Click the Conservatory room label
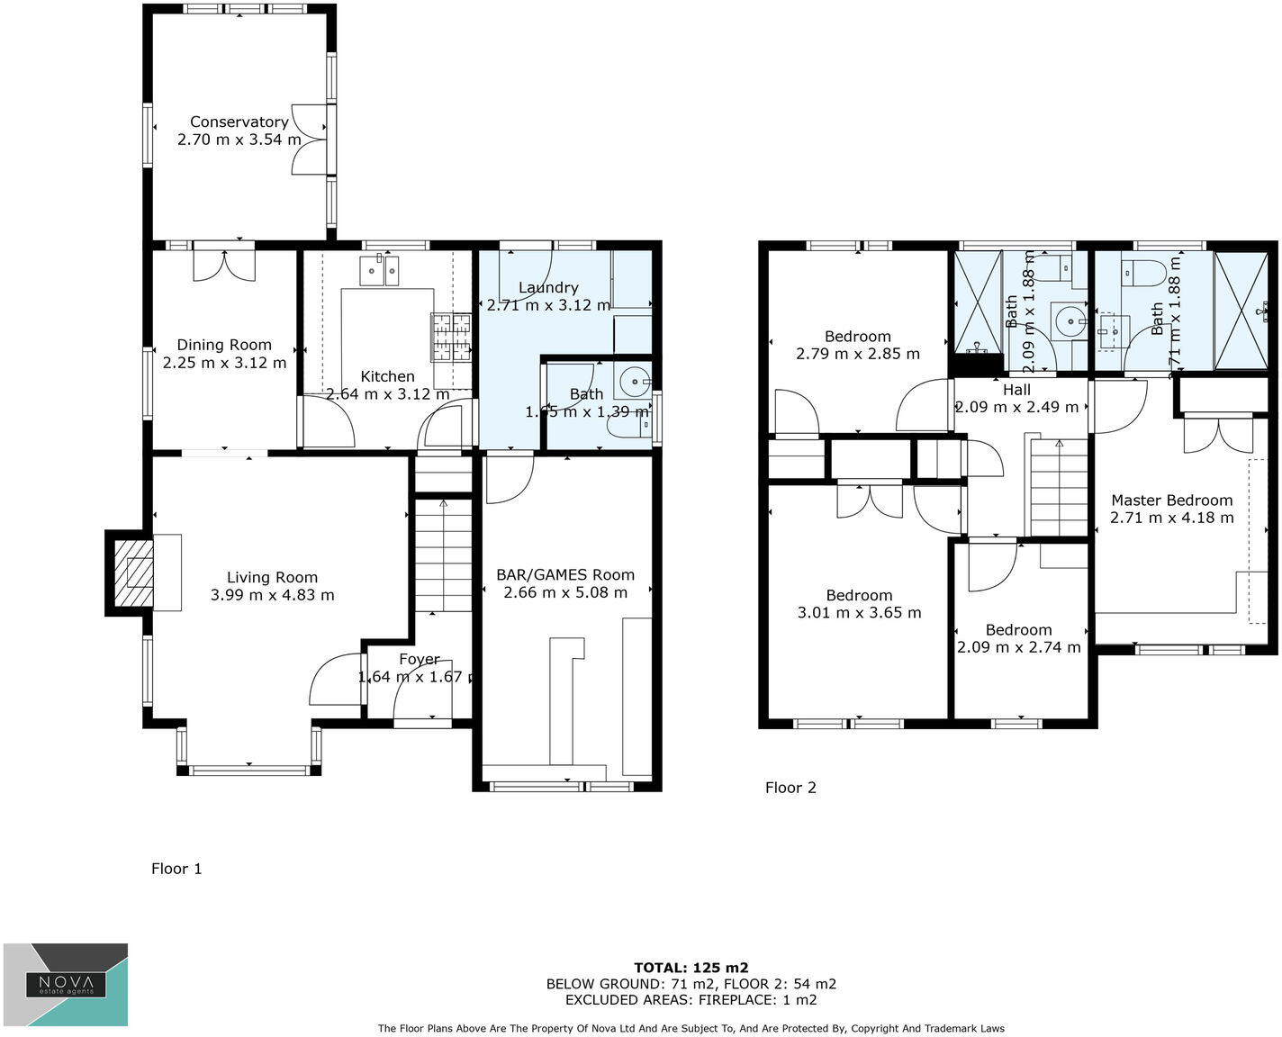point(239,122)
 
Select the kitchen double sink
point(379,270)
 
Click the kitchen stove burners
point(453,337)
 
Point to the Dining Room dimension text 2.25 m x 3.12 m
point(224,363)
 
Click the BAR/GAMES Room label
point(565,574)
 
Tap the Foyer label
point(419,659)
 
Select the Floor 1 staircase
point(443,554)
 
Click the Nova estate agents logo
point(66,985)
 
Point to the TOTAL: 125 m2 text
point(691,968)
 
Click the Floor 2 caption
point(790,788)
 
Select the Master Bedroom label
point(1171,500)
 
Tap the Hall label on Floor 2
point(1016,390)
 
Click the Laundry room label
point(548,288)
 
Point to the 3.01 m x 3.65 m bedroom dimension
point(859,613)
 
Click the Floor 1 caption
point(176,869)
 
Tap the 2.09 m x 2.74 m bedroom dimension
point(1018,647)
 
